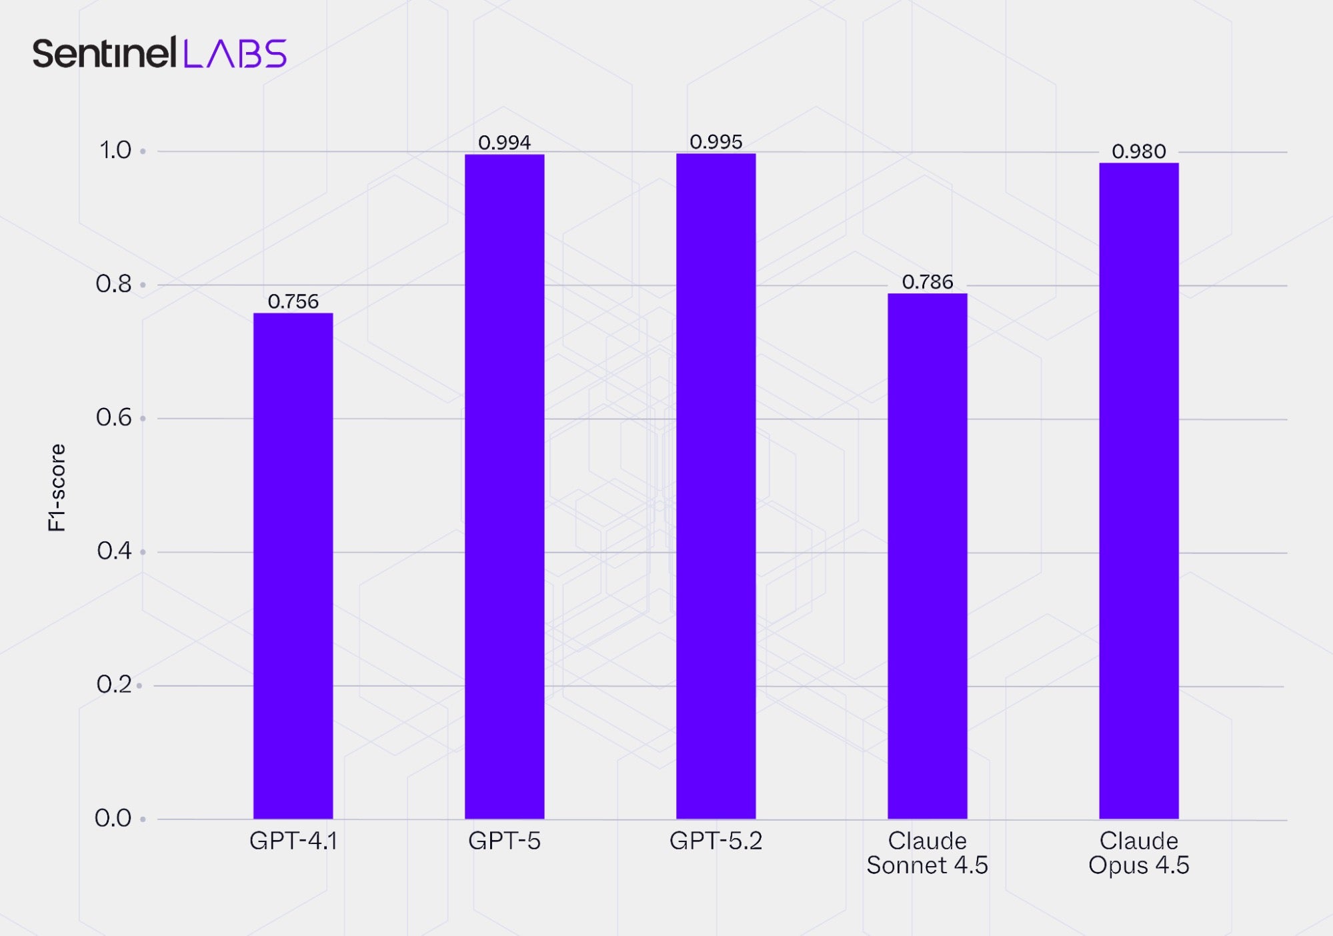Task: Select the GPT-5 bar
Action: tap(504, 487)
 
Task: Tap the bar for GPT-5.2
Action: tap(716, 486)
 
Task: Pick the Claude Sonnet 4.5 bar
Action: tap(927, 556)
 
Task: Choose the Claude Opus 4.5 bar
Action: tap(1138, 491)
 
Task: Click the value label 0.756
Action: tap(293, 301)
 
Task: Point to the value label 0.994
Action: tap(504, 143)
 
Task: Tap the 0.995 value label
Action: tap(716, 142)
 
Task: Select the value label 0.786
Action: tap(927, 282)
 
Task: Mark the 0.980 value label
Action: tap(1138, 152)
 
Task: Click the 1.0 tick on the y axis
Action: tap(115, 150)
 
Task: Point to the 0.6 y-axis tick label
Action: tap(114, 417)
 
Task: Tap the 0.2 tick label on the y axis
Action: tap(114, 684)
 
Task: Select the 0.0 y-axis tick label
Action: tap(113, 818)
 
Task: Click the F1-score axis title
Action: tap(57, 487)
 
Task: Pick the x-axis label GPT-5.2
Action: tap(716, 841)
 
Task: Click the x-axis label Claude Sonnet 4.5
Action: tap(927, 853)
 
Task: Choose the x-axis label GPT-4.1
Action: tap(293, 841)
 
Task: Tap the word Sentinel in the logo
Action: tap(104, 53)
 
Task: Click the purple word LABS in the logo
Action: tap(235, 53)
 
